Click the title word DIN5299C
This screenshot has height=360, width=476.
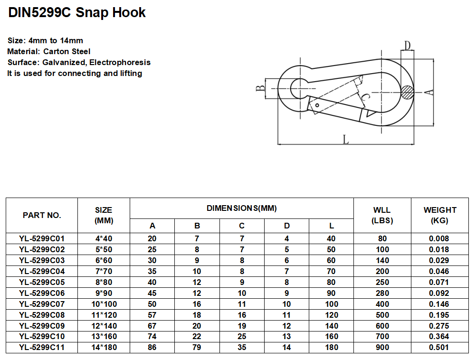tap(39, 12)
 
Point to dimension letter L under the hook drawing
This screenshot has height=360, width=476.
tap(346, 139)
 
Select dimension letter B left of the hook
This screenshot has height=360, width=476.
tap(260, 88)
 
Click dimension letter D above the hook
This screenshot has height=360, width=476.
tap(407, 46)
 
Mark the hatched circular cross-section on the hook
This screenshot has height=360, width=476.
tap(407, 92)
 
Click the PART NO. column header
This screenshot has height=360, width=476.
tap(42, 215)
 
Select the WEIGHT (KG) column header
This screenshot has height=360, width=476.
tap(440, 215)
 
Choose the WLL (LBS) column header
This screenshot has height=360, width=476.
tap(382, 215)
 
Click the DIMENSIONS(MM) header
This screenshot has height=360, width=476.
tap(241, 208)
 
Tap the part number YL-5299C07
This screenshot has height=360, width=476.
tap(42, 304)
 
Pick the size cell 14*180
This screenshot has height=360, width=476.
tap(104, 347)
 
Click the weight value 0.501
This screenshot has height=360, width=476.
tap(440, 347)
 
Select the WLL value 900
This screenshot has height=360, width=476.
tap(382, 347)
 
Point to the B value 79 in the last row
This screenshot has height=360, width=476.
tap(197, 347)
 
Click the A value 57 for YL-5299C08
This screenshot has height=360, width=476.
tap(152, 315)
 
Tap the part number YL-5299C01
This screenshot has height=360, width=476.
tap(42, 238)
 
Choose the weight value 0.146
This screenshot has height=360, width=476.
tap(440, 304)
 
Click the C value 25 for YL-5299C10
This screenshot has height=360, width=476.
tap(241, 336)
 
